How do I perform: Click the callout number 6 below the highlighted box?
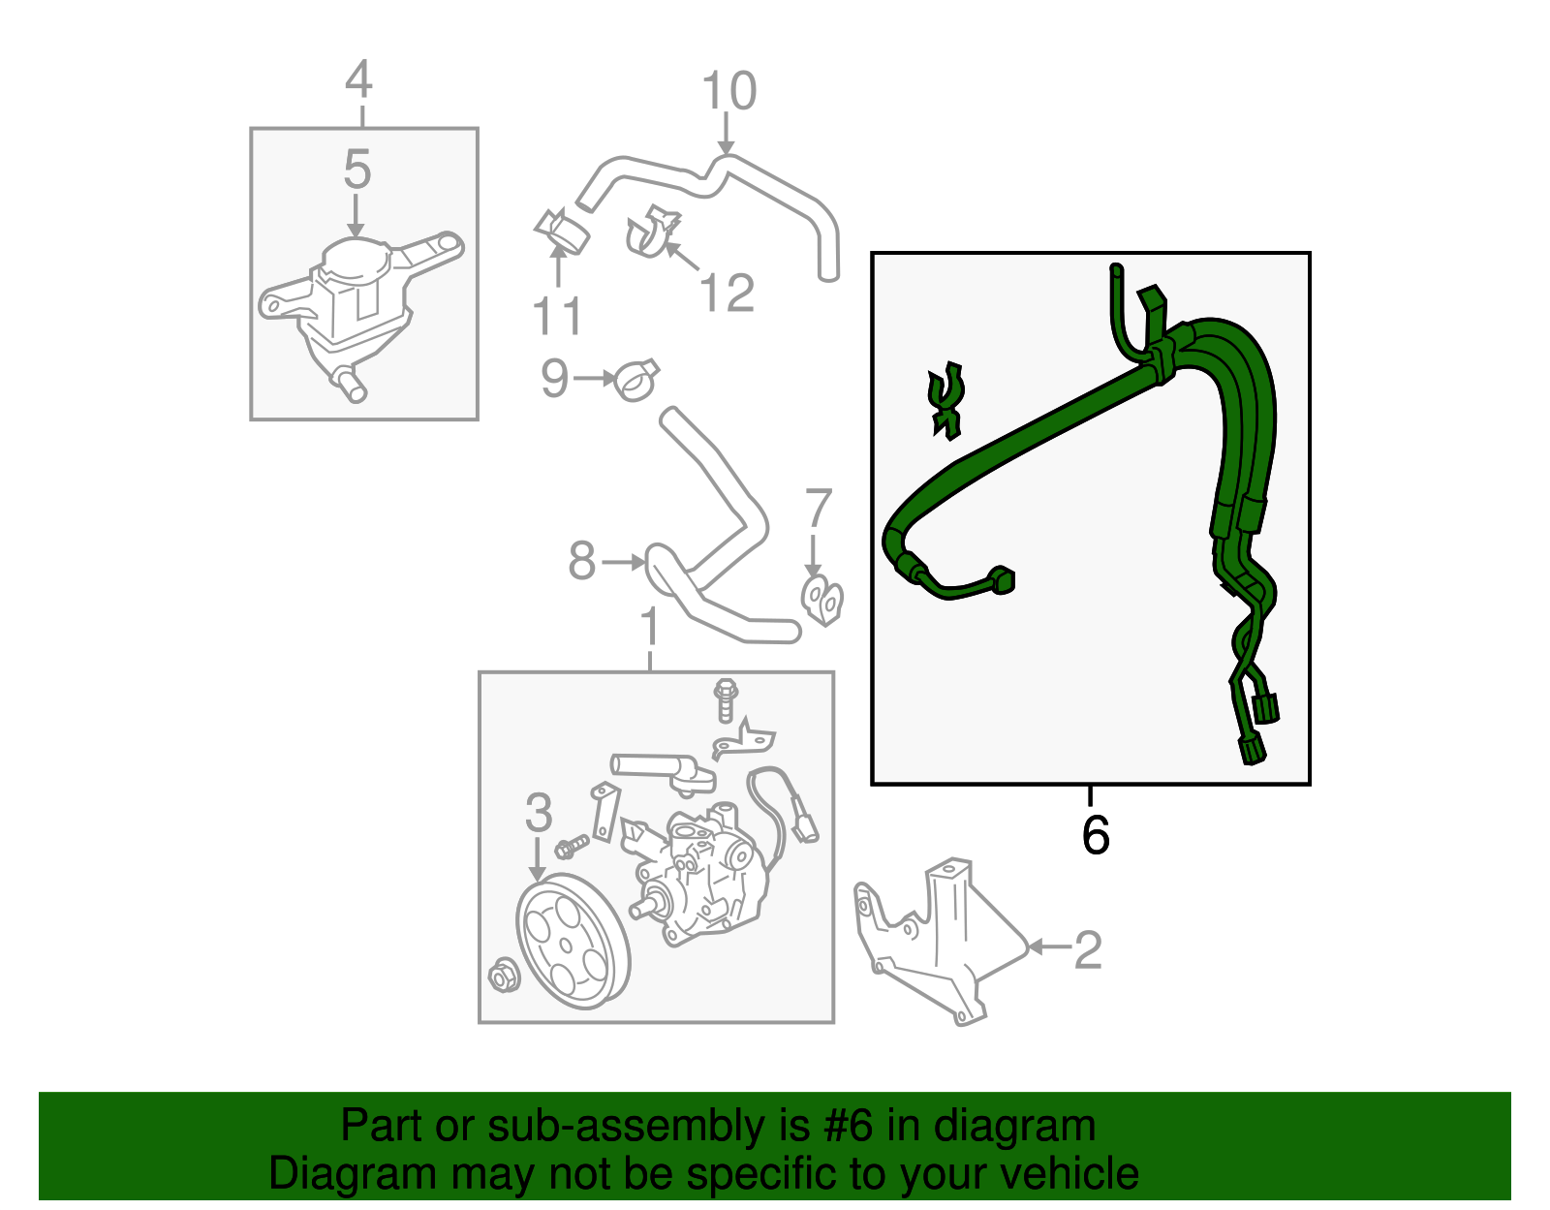pyautogui.click(x=1095, y=835)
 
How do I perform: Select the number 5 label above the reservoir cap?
pyautogui.click(x=357, y=171)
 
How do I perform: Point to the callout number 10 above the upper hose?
pyautogui.click(x=728, y=92)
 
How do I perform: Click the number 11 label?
pyautogui.click(x=557, y=316)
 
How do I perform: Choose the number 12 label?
pyautogui.click(x=727, y=294)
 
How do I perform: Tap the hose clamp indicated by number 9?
pyautogui.click(x=636, y=380)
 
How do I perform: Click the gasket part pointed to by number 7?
pyautogui.click(x=822, y=600)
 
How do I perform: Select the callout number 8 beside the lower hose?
pyautogui.click(x=581, y=561)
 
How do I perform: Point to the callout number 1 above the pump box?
pyautogui.click(x=650, y=627)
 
